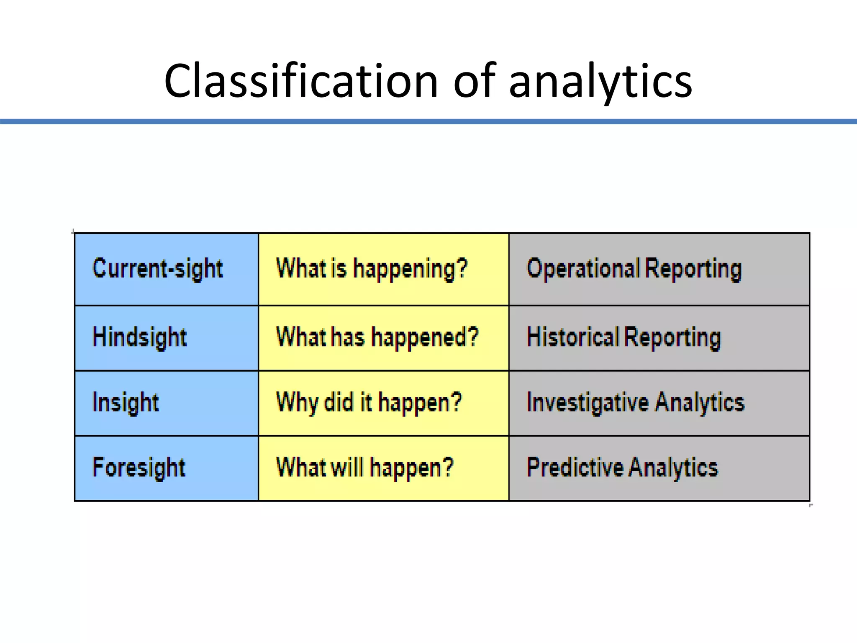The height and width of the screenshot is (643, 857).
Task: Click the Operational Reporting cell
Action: [x=659, y=269]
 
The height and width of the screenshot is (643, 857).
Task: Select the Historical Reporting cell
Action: [x=659, y=337]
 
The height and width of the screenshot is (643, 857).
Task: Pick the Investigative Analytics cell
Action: [x=659, y=403]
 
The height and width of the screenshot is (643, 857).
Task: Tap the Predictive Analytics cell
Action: [x=659, y=468]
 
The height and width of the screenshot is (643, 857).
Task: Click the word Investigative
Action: [x=588, y=403]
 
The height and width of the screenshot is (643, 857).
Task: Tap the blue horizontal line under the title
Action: [x=428, y=121]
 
